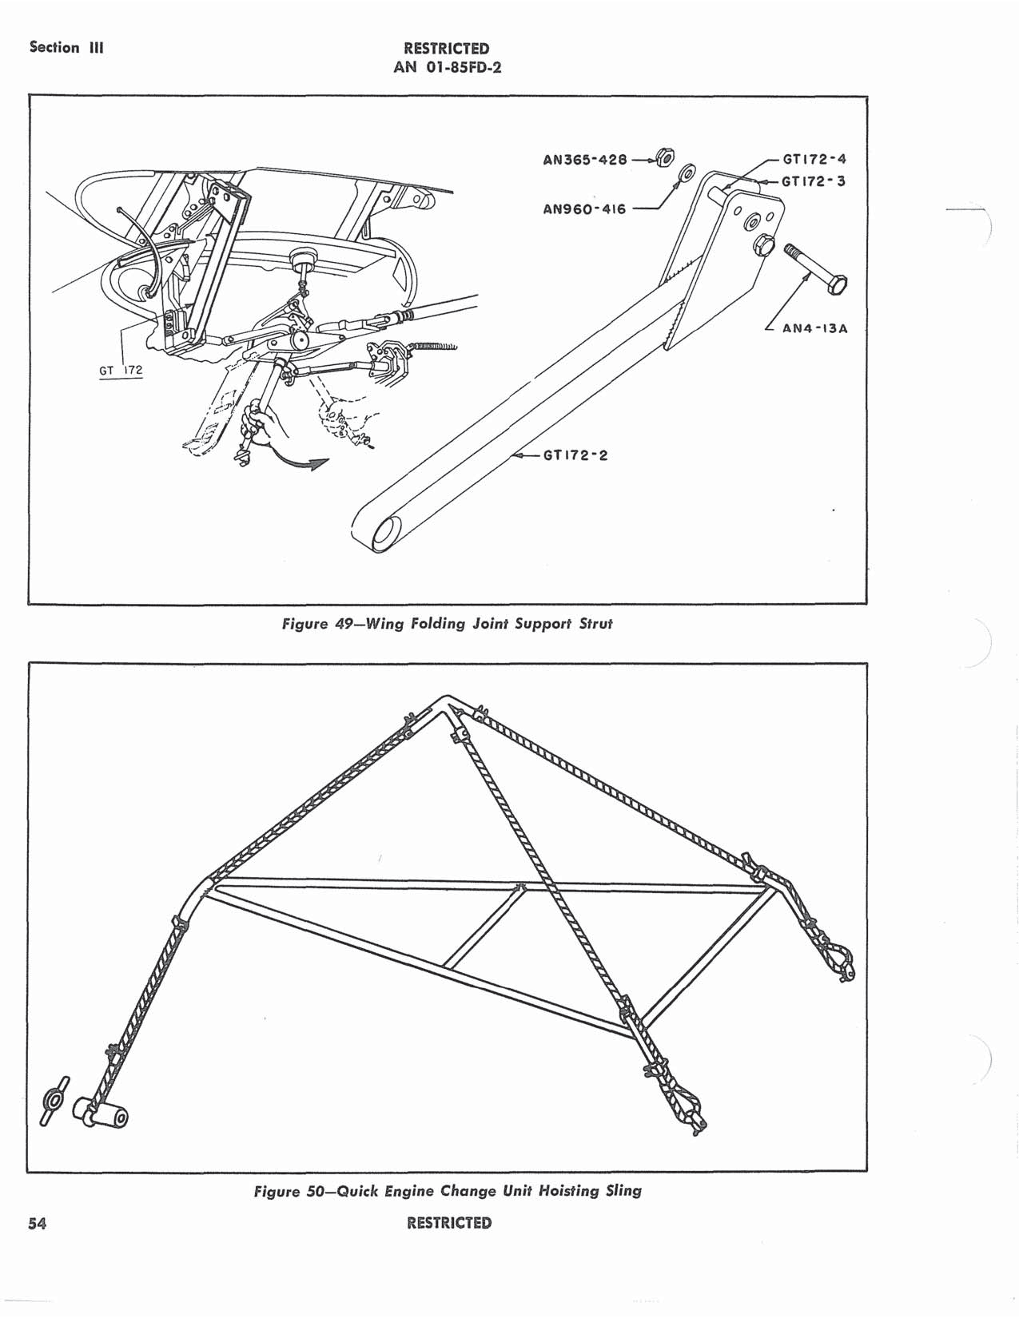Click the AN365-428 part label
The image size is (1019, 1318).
click(x=584, y=159)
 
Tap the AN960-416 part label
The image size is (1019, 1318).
click(x=583, y=209)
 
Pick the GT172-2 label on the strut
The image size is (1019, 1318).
click(x=575, y=456)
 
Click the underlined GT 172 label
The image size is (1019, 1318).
click(x=121, y=371)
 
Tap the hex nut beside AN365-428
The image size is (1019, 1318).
click(x=664, y=157)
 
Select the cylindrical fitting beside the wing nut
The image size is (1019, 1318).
click(x=102, y=1114)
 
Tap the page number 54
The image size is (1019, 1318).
click(x=37, y=1223)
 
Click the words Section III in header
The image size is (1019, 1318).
click(x=66, y=47)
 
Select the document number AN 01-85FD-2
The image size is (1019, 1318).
click(x=447, y=67)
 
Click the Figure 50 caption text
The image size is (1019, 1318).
click(x=448, y=1191)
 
